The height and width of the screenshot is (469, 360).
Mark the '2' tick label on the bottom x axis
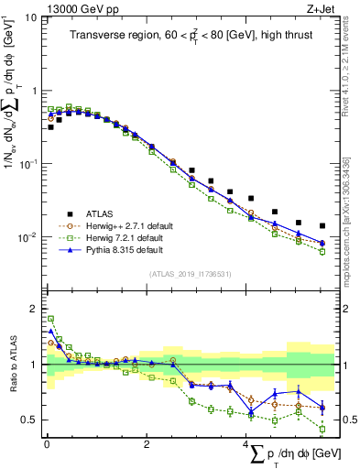(147, 443)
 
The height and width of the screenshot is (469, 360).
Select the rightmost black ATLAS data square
(322, 225)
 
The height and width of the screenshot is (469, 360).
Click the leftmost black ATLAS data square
(51, 127)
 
